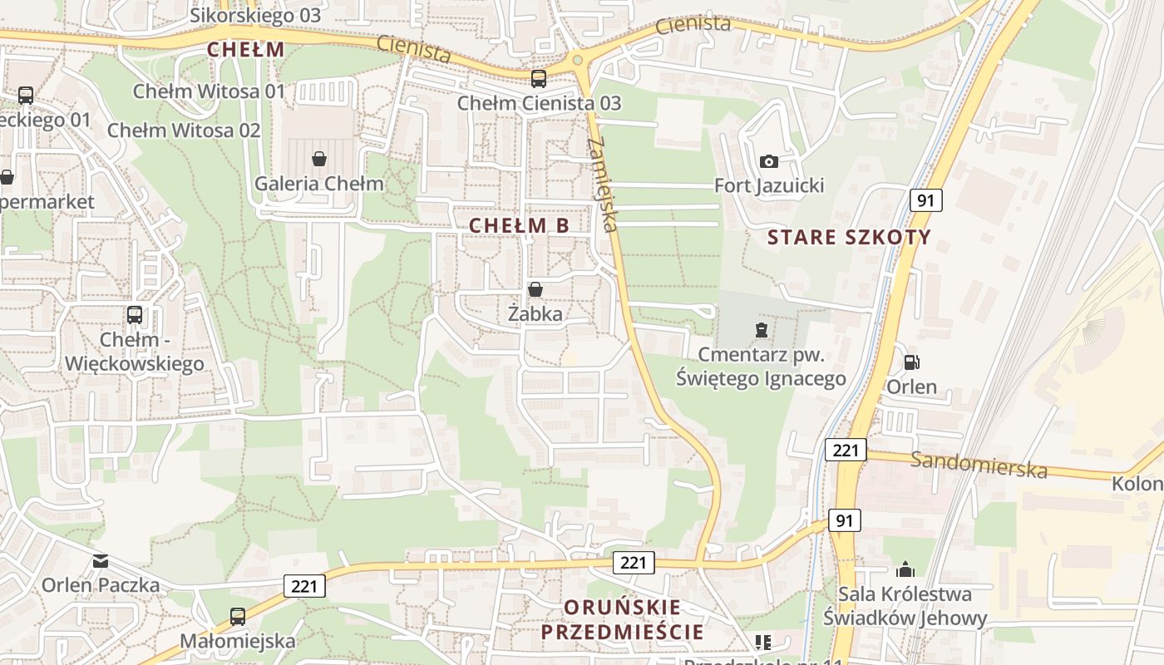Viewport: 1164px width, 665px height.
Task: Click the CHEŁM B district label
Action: [x=519, y=225]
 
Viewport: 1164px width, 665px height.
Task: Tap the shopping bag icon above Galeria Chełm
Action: [x=318, y=158]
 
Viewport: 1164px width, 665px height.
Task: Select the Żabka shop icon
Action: [x=535, y=289]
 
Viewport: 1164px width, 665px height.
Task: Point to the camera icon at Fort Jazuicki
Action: [x=769, y=160]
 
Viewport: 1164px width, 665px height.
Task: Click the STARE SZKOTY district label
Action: [x=849, y=238]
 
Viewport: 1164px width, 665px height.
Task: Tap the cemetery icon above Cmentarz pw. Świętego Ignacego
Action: [x=761, y=330]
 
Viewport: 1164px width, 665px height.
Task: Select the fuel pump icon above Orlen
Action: [x=911, y=362]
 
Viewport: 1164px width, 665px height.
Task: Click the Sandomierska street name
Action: [x=979, y=465]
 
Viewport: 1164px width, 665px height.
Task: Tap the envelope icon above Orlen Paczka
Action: [x=101, y=561]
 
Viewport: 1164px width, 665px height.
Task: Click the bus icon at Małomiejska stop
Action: [x=238, y=617]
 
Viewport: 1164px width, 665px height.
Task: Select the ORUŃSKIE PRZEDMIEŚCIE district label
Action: [x=622, y=619]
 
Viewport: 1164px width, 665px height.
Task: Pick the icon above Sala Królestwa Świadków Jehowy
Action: [x=905, y=569]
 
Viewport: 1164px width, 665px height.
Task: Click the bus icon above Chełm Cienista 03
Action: [x=539, y=79]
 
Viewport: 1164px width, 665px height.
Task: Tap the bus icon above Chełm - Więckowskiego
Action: [x=134, y=315]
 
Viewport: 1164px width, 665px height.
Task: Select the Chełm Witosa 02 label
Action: [x=184, y=131]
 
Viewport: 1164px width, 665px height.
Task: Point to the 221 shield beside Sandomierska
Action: [x=846, y=451]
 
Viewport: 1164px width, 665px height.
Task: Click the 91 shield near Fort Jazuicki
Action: [x=925, y=199]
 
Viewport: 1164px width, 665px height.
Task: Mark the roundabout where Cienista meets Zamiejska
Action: [x=577, y=60]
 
